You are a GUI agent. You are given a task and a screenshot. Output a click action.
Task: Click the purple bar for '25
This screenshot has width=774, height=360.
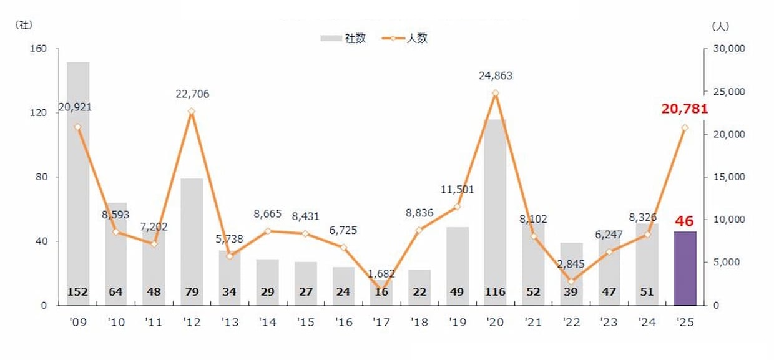point(685,268)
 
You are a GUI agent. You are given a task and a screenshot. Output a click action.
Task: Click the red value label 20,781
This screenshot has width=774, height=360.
point(685,109)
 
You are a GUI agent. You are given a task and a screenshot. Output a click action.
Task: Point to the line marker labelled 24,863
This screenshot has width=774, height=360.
point(495,93)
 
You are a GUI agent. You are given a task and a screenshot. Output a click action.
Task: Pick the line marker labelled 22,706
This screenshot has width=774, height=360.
point(192,112)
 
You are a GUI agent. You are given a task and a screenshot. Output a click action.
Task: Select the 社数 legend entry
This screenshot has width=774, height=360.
point(343,38)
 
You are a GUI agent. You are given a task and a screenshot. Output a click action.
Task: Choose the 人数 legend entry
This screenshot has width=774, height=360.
point(409,38)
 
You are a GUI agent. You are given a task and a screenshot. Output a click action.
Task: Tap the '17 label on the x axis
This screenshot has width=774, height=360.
point(381,323)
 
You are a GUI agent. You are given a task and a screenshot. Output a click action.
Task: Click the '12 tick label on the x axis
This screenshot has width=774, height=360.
point(192,323)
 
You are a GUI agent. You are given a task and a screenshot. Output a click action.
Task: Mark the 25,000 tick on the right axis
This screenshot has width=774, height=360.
point(727,92)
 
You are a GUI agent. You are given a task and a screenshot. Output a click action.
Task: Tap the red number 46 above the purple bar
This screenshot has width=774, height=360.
point(685,221)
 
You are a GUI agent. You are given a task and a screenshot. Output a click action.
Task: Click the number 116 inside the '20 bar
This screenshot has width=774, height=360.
point(495,292)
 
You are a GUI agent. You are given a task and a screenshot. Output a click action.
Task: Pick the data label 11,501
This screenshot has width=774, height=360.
point(457,189)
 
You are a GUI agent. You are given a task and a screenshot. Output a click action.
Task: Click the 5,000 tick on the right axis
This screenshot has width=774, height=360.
point(725,263)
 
